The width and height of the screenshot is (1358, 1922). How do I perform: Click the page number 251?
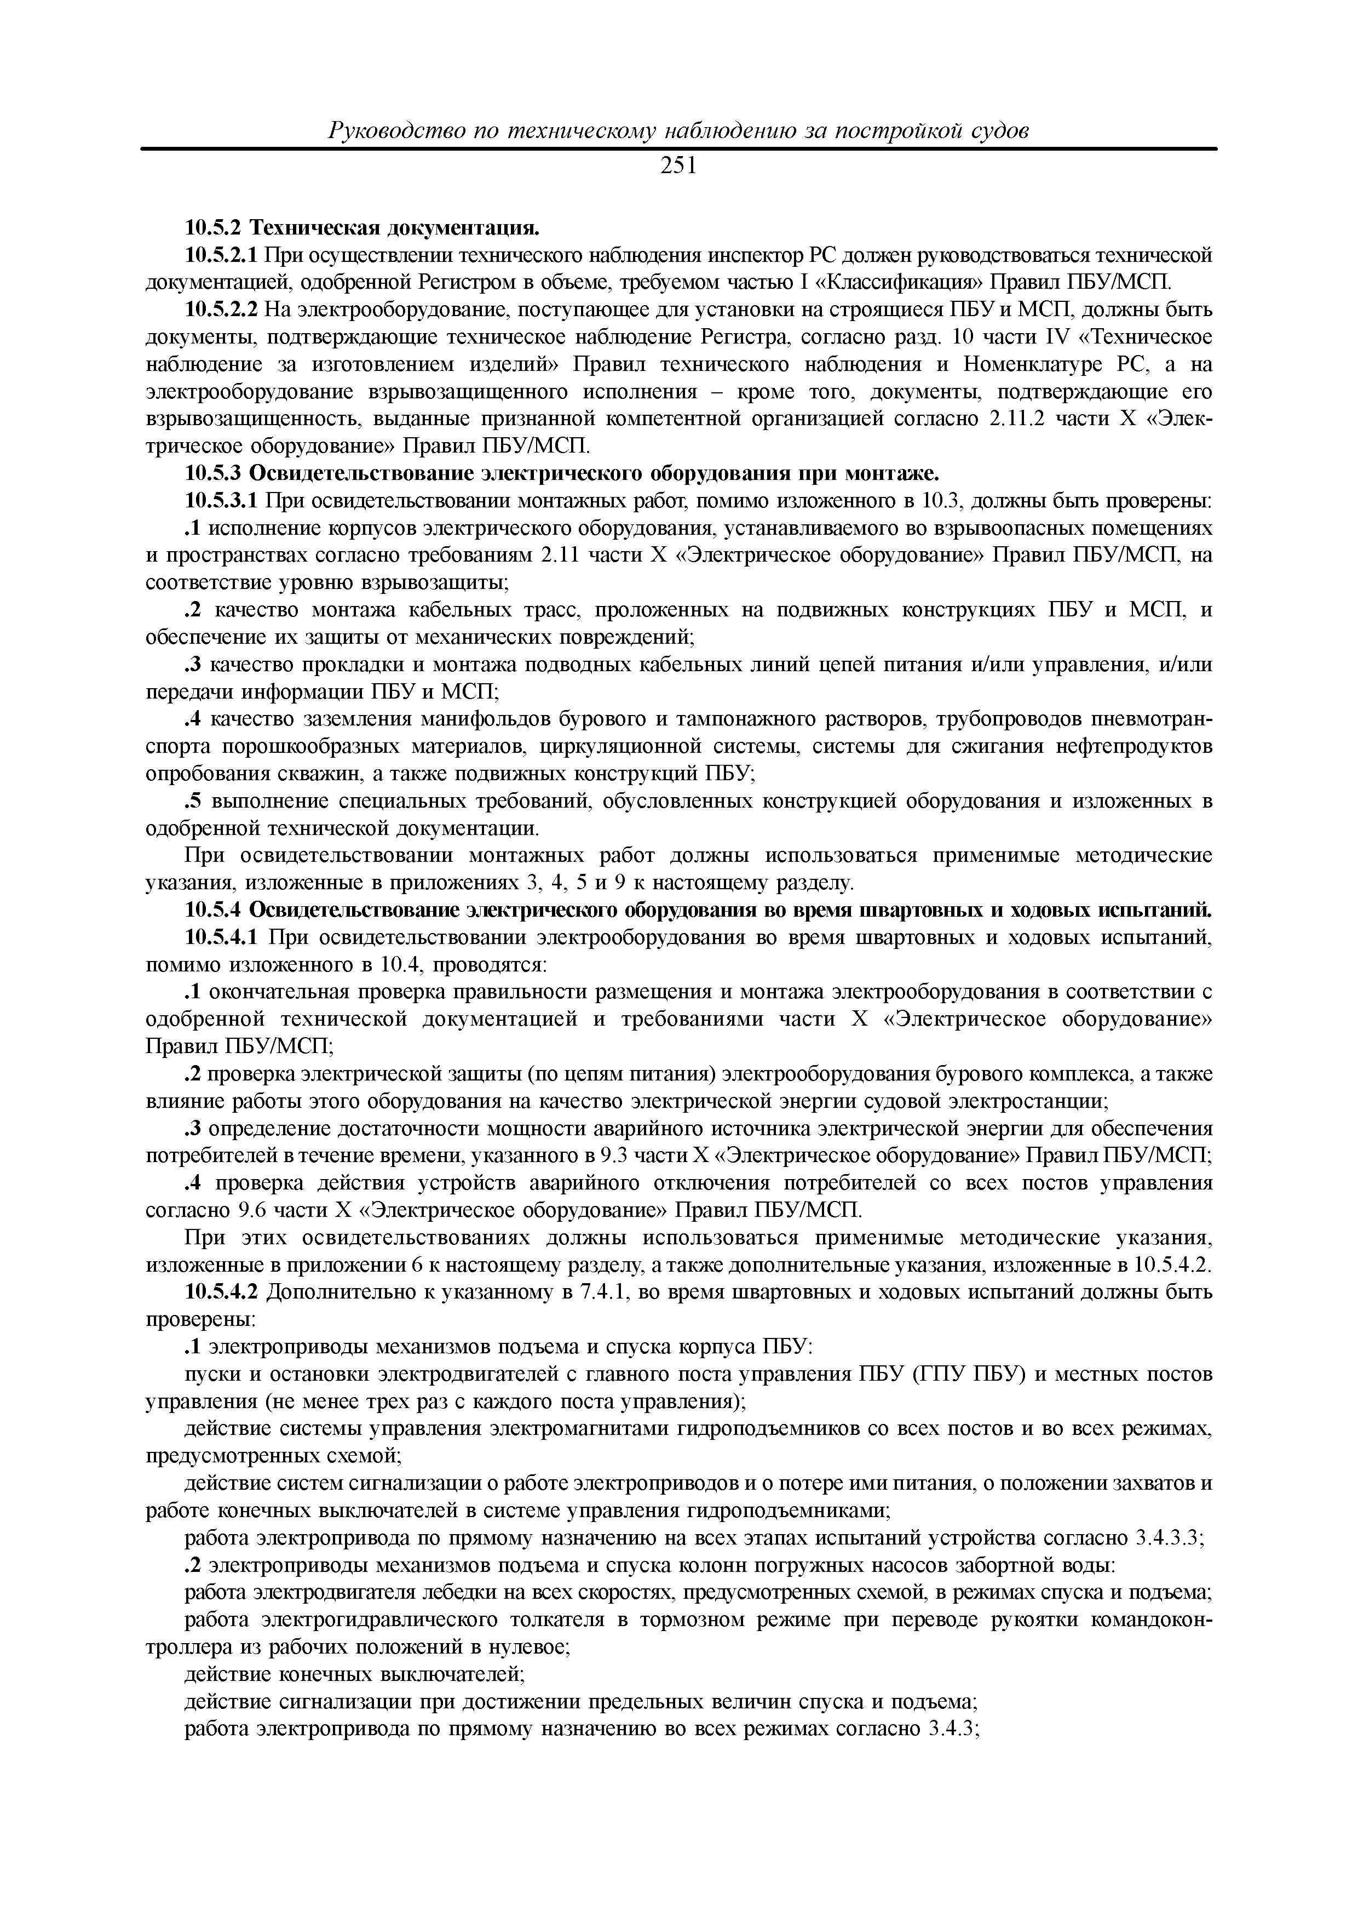[x=678, y=167]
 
